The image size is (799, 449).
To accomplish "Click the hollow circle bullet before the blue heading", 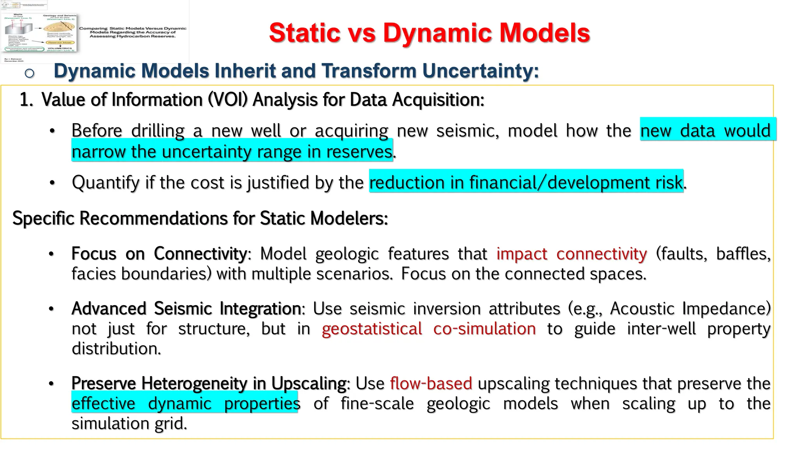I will point(30,73).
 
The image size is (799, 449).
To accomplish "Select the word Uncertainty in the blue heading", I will point(480,71).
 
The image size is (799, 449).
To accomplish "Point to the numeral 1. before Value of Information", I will point(26,100).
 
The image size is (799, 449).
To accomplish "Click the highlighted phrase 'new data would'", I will point(705,130).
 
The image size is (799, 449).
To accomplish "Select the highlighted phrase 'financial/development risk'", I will point(575,182).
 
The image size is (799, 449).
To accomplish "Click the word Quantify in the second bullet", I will point(105,182).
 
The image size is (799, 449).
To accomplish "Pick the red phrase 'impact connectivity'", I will point(571,254).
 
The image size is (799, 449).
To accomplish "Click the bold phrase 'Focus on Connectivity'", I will point(159,254).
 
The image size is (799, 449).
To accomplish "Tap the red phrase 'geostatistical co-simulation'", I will point(428,329).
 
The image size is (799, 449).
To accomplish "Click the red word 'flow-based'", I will point(431,384).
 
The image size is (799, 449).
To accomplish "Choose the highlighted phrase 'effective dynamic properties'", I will point(185,403).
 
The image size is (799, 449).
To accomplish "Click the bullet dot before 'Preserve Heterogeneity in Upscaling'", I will point(51,384).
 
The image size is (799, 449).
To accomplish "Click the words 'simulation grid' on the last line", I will point(129,424).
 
